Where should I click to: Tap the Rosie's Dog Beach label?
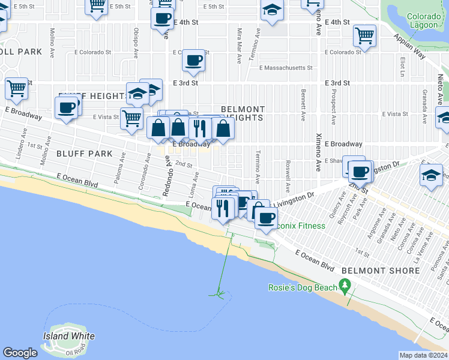point(303,287)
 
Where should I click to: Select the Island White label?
point(68,336)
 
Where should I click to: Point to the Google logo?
point(20,353)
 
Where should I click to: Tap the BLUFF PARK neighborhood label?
point(85,154)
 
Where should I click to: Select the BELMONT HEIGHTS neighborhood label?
point(242,113)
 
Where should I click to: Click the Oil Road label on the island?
point(76,352)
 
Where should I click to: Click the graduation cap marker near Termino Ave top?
point(272,10)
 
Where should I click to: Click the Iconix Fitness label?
point(298,226)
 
